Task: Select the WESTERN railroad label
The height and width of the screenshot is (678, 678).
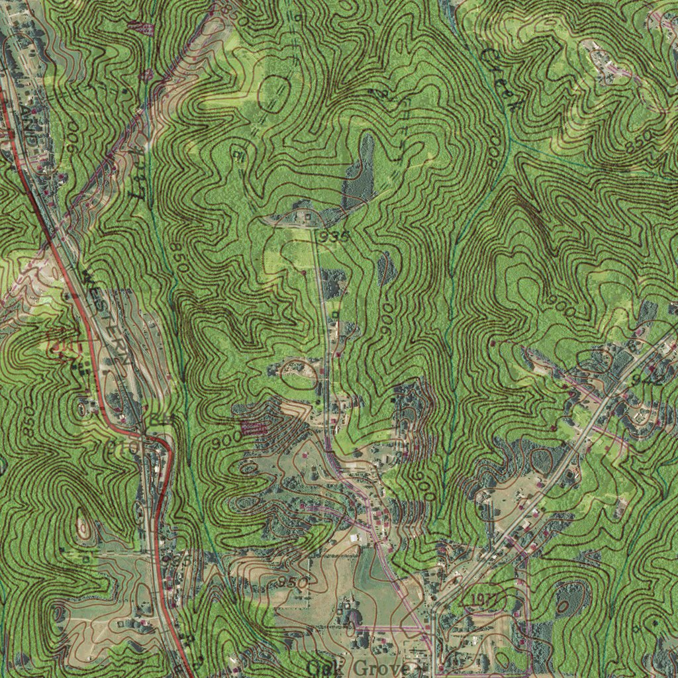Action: tap(106, 318)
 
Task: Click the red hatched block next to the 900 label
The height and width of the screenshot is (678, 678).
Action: tap(254, 429)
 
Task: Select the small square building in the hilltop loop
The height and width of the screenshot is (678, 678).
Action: tap(307, 215)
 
